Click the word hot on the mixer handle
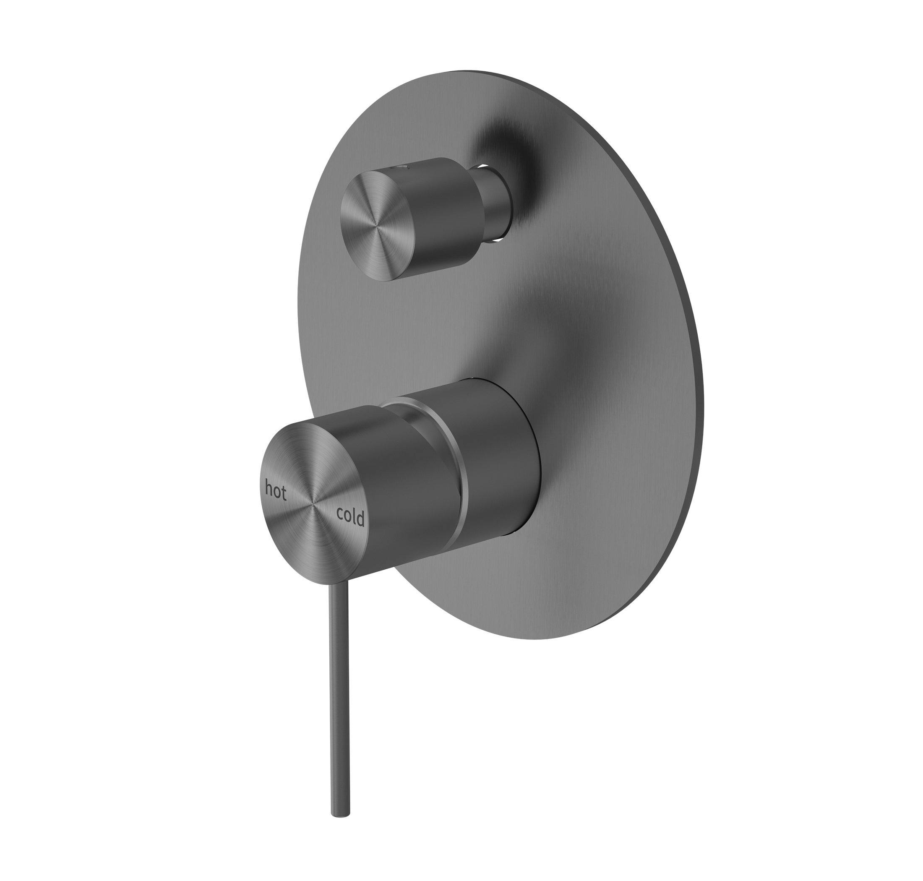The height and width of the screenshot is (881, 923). point(276,489)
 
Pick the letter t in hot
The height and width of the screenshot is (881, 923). point(283,493)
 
